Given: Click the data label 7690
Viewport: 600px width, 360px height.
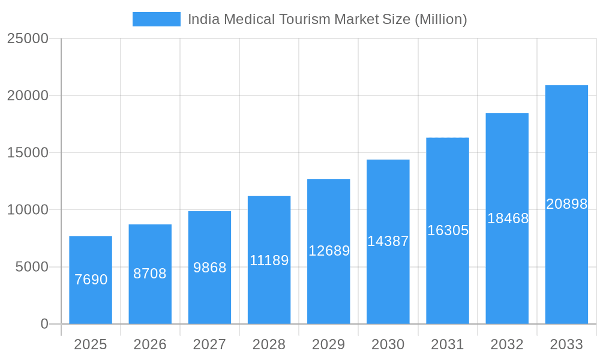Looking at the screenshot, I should (91, 280).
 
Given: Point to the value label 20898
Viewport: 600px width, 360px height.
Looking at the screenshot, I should (566, 204).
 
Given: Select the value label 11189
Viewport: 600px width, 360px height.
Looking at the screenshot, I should (269, 260).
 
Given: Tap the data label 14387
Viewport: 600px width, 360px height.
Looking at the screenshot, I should (388, 241).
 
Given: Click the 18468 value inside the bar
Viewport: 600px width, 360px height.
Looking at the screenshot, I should (508, 218).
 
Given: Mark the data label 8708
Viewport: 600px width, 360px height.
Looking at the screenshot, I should (150, 274).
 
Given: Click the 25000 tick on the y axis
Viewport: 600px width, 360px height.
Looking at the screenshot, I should (27, 38).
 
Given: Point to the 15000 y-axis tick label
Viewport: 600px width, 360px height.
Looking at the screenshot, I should (27, 152).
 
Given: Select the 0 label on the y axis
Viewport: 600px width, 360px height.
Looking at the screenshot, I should (44, 324).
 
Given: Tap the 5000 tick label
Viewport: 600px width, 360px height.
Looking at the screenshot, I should (32, 267).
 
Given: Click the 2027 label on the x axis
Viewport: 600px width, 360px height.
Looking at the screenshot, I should (209, 344).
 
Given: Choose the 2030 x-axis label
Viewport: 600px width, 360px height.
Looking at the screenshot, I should (388, 344).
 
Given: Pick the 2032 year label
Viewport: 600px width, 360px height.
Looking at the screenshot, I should (507, 344).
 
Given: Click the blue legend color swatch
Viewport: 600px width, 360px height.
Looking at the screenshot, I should (157, 19).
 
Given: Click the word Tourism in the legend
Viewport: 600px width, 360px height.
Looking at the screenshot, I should (305, 19).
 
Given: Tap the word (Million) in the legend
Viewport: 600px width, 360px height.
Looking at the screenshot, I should (440, 19).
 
